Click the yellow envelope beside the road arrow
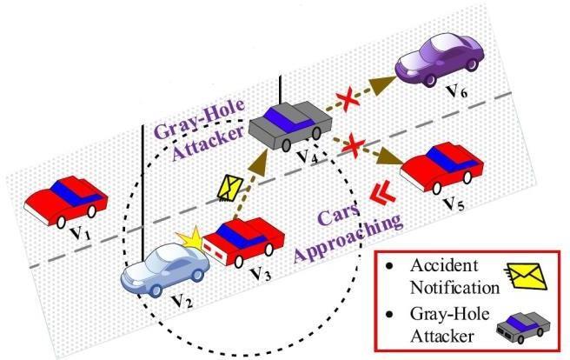point(230,187)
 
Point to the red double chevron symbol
point(377,194)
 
